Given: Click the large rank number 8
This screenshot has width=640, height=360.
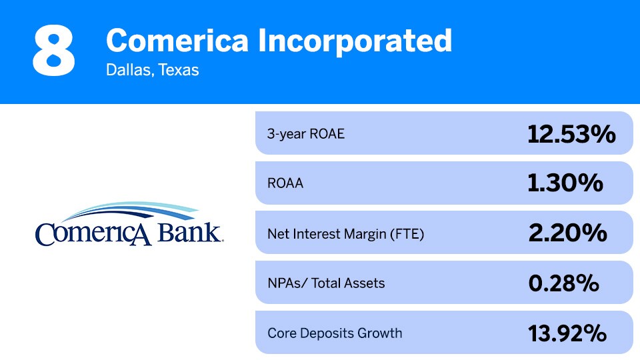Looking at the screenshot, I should [x=53, y=51].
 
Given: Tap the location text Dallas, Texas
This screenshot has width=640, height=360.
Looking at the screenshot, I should [x=152, y=70].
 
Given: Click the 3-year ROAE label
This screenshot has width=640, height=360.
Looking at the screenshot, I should [x=306, y=133].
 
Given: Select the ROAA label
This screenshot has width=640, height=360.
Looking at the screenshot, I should [x=285, y=183].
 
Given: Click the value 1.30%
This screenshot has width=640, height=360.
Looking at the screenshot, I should [x=565, y=183].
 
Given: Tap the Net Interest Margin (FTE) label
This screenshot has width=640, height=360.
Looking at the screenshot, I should [x=345, y=233].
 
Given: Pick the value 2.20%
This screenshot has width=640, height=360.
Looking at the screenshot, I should [x=567, y=233].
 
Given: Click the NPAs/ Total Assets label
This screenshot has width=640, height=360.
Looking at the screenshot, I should [x=326, y=283].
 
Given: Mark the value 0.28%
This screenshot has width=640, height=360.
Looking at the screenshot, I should [x=563, y=283].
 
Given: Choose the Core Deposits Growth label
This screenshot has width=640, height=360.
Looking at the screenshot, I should [x=335, y=333].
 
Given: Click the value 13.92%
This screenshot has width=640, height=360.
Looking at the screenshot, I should [x=567, y=333].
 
